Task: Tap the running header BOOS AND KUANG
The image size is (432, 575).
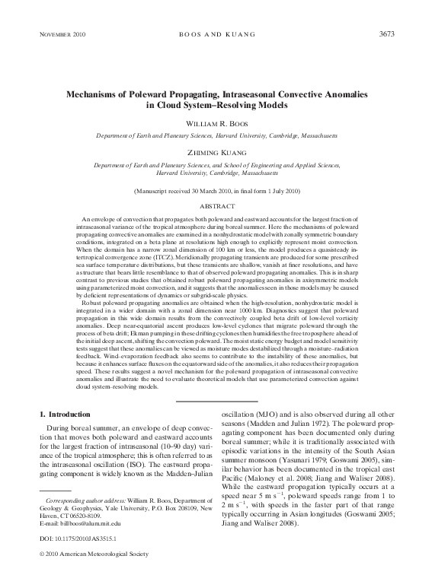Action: tap(216, 35)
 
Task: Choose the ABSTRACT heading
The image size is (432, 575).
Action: tap(216, 205)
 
